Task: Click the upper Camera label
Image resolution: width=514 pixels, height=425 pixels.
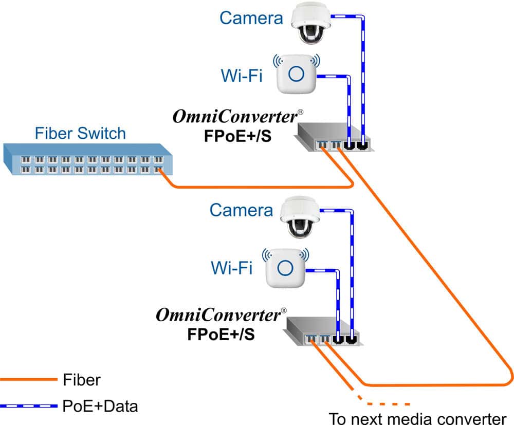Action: [251, 18]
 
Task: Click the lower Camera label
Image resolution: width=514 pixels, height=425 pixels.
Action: [241, 210]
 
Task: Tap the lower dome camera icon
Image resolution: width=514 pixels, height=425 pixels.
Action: [300, 218]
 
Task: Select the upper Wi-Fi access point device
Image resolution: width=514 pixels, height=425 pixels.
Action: [295, 73]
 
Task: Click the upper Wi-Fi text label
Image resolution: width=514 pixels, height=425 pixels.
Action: [242, 76]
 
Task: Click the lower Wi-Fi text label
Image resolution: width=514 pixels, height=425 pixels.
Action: [231, 268]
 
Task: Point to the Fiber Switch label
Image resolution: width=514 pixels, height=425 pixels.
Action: [80, 134]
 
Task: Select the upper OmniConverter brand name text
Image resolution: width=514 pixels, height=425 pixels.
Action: [235, 117]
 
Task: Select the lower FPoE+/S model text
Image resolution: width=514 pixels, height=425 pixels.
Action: [221, 334]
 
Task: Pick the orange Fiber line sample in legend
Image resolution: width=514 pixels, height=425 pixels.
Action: [28, 380]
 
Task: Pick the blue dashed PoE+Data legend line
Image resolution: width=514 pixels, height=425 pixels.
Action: [28, 406]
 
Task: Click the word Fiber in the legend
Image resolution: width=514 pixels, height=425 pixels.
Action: [82, 380]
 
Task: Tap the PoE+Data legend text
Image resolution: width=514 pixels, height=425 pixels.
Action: [100, 406]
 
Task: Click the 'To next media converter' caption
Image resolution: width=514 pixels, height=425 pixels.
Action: [417, 417]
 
